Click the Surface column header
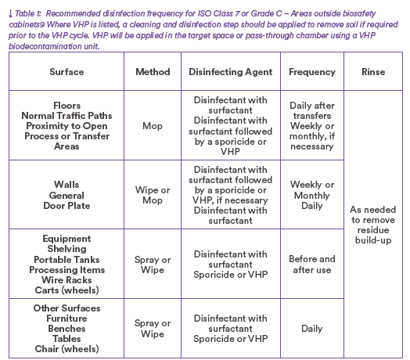tap(67, 72)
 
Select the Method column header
tap(153, 72)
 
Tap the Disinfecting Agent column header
tap(231, 72)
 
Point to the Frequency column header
tap(312, 72)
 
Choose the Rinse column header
tap(373, 72)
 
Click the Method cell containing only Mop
tap(153, 126)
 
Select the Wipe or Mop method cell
tap(153, 195)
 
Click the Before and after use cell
tap(312, 265)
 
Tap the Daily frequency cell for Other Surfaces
tap(312, 329)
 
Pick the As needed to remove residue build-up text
tap(373, 225)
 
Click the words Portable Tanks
tap(67, 260)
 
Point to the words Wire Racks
tap(67, 280)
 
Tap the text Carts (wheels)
tap(67, 290)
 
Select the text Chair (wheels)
tap(67, 349)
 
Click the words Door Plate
tap(67, 206)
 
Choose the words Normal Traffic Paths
tap(67, 116)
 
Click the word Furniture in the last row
tap(67, 319)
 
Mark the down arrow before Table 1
tap(10, 13)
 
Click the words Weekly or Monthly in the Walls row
tap(312, 190)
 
